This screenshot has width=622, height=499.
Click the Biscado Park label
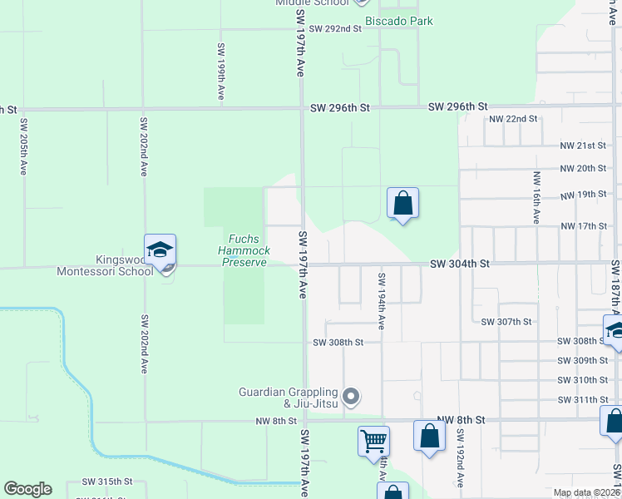(399, 21)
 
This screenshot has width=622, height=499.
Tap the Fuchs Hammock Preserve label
(243, 250)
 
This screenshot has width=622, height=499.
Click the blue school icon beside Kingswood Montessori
(160, 249)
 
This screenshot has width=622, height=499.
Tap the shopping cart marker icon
(374, 440)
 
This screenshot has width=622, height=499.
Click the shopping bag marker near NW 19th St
(402, 203)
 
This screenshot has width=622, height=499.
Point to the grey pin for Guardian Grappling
(351, 398)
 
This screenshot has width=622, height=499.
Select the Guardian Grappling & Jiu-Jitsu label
(289, 398)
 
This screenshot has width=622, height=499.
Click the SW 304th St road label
(460, 264)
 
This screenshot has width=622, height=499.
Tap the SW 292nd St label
(335, 28)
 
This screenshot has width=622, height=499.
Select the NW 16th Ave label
(536, 198)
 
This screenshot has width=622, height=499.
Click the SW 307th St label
(506, 321)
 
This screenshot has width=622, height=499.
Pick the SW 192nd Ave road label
(458, 459)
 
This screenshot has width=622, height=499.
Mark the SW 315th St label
(107, 482)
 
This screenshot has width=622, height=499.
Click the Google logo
(27, 489)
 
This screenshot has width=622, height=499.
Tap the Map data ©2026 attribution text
(585, 492)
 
